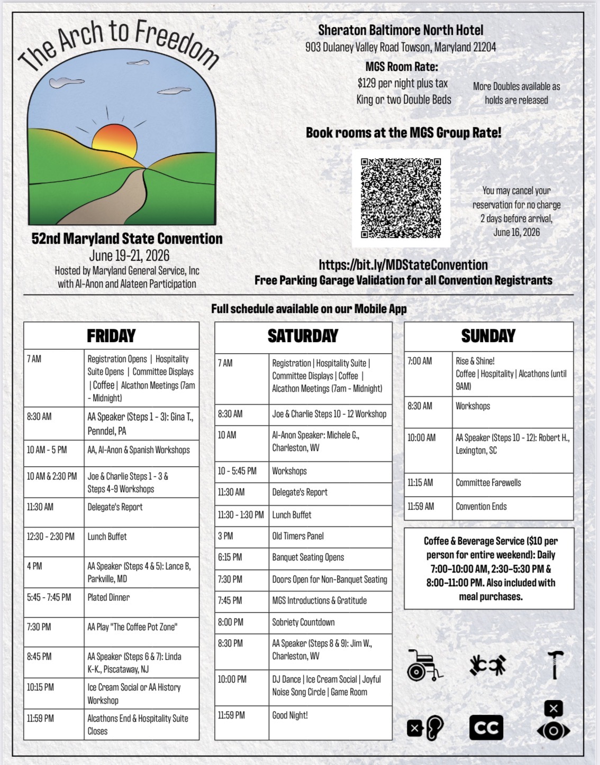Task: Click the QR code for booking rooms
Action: [x=401, y=198]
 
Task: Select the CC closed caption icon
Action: [x=486, y=727]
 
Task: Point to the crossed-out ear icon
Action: [x=425, y=728]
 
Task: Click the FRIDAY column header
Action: [x=111, y=336]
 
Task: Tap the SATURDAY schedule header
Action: [x=303, y=336]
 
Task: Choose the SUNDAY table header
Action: [x=488, y=336]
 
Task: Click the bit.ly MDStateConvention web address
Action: [x=403, y=265]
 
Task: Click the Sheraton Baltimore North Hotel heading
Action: [x=401, y=31]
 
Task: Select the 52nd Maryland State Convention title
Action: [x=127, y=238]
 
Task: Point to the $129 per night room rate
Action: [x=403, y=83]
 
